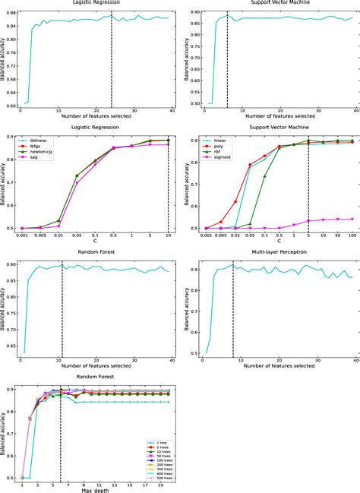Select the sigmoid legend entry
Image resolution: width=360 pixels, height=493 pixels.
pyautogui.click(x=217, y=164)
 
